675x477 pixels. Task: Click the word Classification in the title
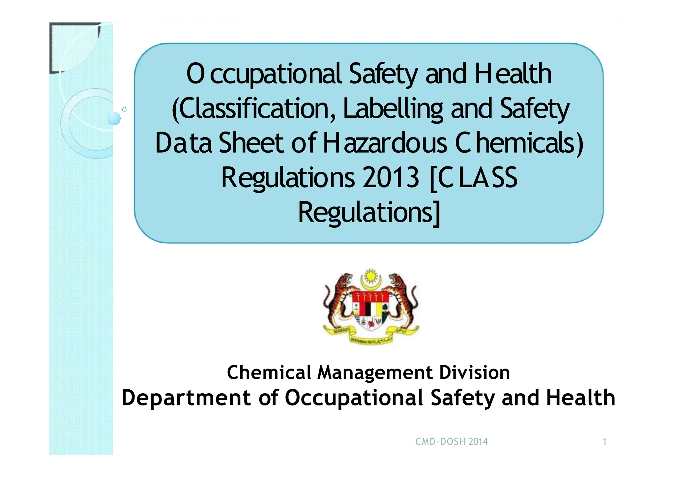[x=253, y=109]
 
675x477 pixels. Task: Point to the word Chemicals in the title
[x=519, y=143]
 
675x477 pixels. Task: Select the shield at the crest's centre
[x=370, y=310]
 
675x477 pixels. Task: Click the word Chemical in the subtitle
[x=269, y=373]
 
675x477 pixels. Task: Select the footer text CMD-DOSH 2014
[x=451, y=442]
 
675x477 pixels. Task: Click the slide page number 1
[x=604, y=442]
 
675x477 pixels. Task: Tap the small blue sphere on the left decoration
[x=114, y=118]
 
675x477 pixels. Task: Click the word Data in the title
[x=183, y=143]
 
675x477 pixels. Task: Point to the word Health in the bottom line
[x=580, y=398]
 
